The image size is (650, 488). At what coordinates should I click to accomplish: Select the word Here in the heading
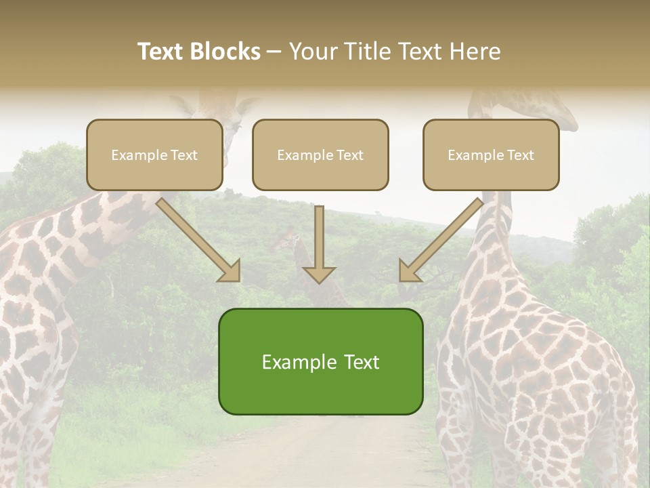(476, 52)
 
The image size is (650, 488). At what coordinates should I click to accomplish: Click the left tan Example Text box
(154, 155)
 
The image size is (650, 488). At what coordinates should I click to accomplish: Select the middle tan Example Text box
(320, 155)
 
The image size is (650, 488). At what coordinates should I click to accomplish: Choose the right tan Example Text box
(491, 155)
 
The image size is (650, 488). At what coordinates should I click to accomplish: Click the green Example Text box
(320, 361)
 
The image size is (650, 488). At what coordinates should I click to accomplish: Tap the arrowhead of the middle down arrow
(319, 274)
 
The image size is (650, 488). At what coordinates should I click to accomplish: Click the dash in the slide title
(274, 52)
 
